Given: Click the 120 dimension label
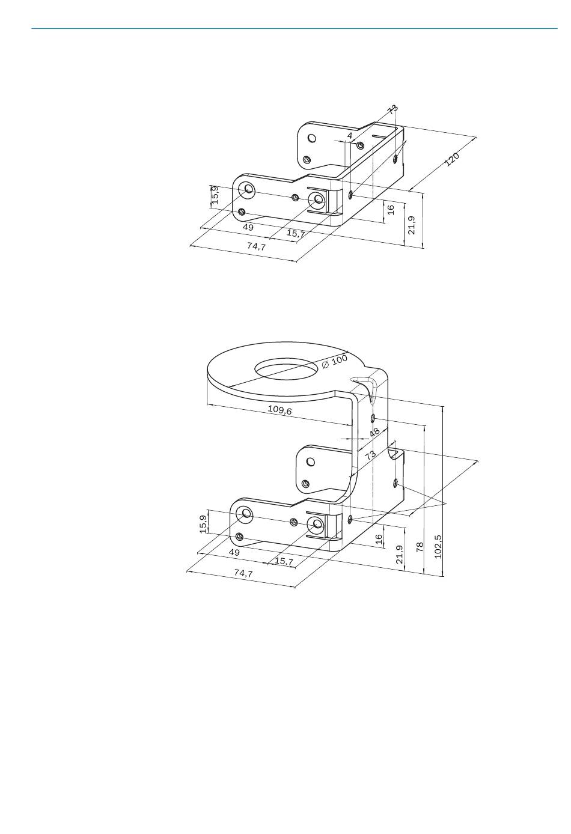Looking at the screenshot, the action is (452, 159).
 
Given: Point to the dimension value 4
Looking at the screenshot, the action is (349, 136).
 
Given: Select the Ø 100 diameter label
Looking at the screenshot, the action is (334, 361).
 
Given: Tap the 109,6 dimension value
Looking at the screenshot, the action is (279, 409).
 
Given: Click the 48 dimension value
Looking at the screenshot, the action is (374, 432).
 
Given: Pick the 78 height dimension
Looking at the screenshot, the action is (420, 547).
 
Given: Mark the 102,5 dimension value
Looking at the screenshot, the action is (438, 547).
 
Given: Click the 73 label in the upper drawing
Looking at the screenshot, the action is (392, 109).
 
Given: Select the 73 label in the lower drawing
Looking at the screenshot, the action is (370, 455).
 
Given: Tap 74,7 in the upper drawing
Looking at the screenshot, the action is (257, 246).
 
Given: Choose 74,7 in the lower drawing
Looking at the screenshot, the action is (243, 573).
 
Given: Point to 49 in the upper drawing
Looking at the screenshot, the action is (248, 227).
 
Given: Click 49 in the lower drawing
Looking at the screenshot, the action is (234, 553).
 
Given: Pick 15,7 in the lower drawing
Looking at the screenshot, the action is (284, 561).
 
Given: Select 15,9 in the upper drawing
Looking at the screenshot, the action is (215, 195).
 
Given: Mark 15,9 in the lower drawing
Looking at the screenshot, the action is (203, 524).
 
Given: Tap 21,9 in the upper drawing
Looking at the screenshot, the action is (412, 225).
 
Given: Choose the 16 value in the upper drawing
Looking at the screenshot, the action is (391, 210).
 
